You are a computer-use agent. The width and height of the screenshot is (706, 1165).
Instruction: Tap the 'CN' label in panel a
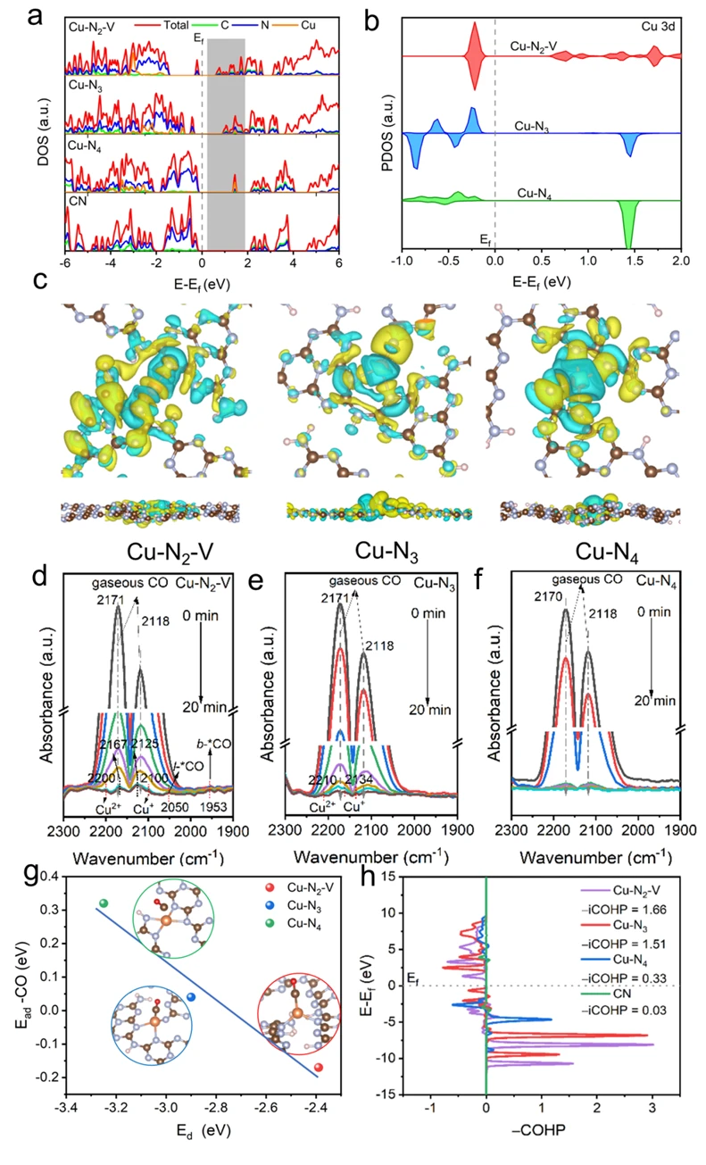pos(77,203)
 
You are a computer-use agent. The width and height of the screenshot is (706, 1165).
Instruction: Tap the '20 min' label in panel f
pos(653,696)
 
